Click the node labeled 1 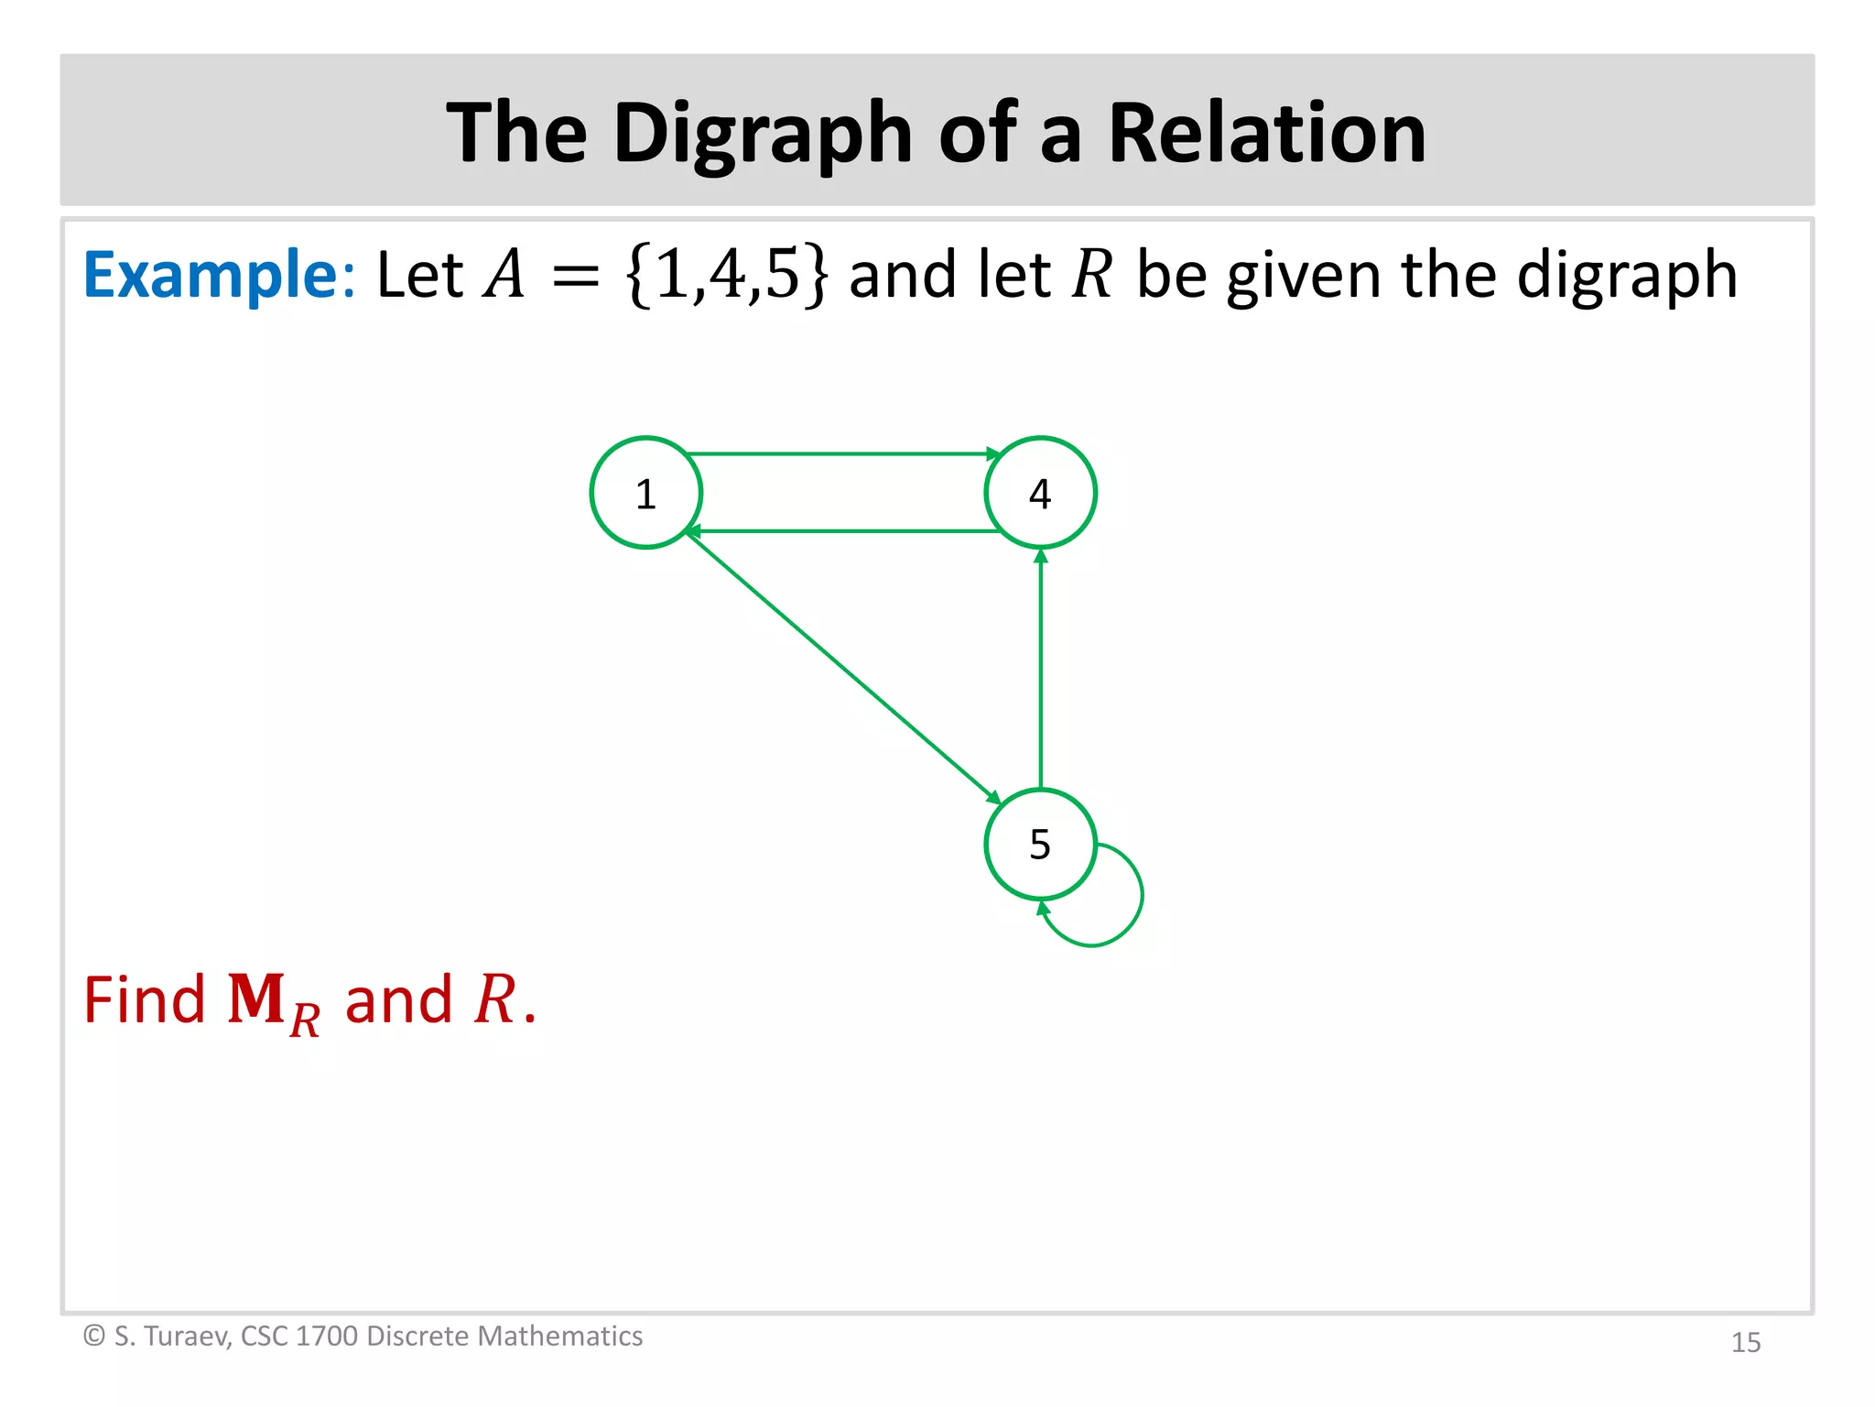(646, 493)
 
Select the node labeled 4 (1040, 493)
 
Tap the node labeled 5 (1040, 844)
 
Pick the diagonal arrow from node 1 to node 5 (842, 667)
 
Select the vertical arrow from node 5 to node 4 (1040, 669)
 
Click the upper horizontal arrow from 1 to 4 (842, 453)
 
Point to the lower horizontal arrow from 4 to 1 (842, 531)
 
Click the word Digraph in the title (764, 134)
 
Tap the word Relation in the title (1267, 134)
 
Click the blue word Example (211, 275)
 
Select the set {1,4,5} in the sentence (728, 275)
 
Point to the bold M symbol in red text (256, 999)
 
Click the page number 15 (1746, 1342)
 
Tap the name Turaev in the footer (187, 1336)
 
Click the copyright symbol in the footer (93, 1336)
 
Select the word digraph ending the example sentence (1626, 277)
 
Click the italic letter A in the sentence (505, 275)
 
